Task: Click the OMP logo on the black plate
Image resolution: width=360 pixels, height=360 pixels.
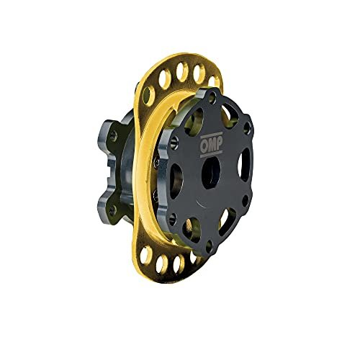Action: (x=212, y=145)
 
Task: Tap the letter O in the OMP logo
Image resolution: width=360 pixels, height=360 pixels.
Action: (x=204, y=145)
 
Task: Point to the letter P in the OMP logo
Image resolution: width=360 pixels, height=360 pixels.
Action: (x=220, y=144)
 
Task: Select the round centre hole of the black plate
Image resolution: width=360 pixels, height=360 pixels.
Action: (x=211, y=173)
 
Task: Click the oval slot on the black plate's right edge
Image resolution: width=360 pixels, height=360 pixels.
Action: (x=243, y=164)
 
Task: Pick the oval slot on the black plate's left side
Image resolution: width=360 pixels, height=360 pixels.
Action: (x=176, y=178)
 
